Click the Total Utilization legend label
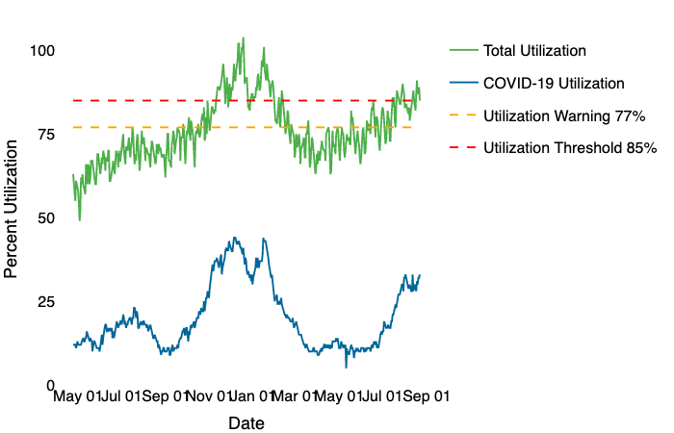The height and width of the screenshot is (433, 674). [534, 50]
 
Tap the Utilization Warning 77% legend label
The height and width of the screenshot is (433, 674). [563, 115]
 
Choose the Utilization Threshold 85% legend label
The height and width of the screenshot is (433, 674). [570, 148]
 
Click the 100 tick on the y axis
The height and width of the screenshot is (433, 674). [40, 50]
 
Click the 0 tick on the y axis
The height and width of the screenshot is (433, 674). [49, 385]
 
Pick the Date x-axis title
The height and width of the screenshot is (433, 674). [246, 422]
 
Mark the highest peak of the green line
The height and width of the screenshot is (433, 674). [243, 38]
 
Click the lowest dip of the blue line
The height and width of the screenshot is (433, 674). [347, 367]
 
